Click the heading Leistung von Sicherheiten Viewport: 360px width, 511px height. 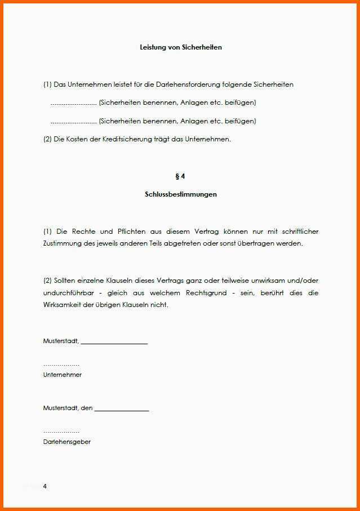click(180, 47)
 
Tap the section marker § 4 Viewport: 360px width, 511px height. click(180, 176)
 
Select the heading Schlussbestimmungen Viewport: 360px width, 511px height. click(180, 194)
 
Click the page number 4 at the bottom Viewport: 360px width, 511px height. click(45, 486)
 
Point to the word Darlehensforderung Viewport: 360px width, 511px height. click(192, 85)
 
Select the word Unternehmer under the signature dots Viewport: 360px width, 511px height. click(62, 375)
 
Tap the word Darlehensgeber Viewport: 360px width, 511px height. click(66, 442)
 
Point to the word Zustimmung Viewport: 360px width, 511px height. click(61, 244)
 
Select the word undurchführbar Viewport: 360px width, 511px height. click(69, 293)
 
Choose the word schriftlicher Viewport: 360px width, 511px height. click(297, 232)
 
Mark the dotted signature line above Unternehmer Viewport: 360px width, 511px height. click(61, 365)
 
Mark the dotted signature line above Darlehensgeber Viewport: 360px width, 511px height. click(61, 432)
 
